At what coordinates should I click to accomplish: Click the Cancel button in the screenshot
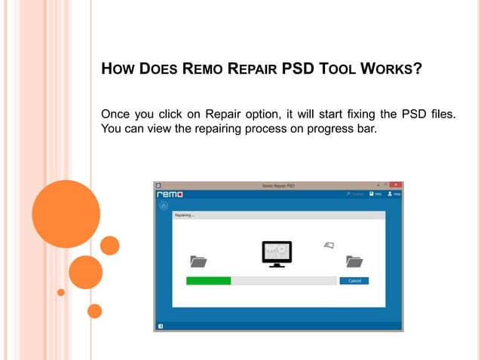[x=354, y=281]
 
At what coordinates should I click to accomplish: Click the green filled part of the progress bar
[x=208, y=281]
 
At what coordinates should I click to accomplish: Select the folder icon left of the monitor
[x=198, y=261]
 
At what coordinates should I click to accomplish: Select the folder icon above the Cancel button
[x=354, y=261]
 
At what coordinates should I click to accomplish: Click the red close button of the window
[x=397, y=185]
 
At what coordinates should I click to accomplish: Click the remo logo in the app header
[x=170, y=194]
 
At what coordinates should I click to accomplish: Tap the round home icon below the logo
[x=164, y=206]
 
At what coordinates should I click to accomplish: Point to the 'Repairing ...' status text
[x=185, y=215]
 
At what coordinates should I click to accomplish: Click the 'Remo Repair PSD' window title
[x=277, y=185]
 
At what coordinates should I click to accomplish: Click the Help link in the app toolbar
[x=394, y=194]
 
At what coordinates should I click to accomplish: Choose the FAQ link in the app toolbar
[x=375, y=194]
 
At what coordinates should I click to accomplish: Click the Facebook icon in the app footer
[x=160, y=326]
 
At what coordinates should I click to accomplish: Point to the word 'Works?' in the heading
[x=393, y=70]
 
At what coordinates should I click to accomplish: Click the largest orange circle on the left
[x=66, y=214]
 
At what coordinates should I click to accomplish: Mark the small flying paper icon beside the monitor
[x=328, y=245]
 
